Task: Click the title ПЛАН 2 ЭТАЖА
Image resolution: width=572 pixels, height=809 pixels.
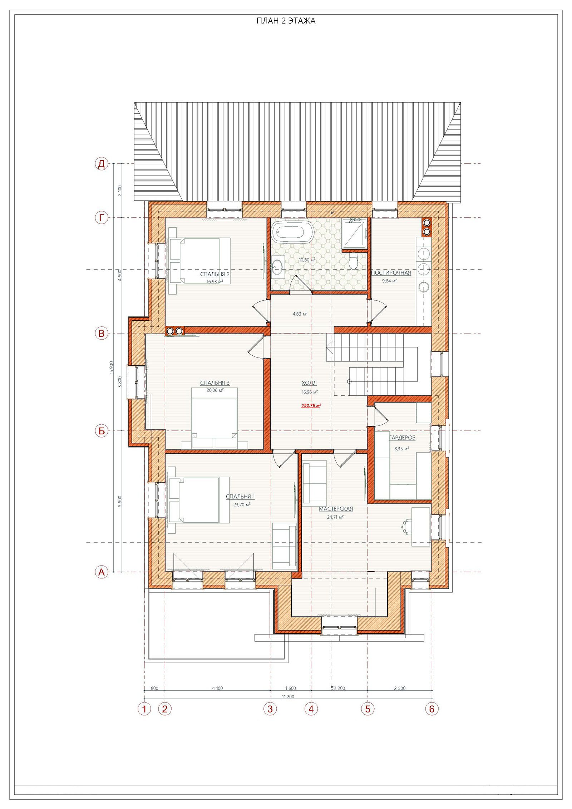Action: [286, 21]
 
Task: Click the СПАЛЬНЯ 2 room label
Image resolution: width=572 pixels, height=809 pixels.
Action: [214, 274]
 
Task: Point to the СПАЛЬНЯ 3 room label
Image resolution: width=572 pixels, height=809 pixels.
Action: [214, 383]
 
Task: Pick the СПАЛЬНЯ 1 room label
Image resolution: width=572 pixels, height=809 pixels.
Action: [240, 497]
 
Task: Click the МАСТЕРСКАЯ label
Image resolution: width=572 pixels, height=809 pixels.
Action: [336, 509]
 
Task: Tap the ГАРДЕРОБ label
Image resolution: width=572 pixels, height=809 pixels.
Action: [402, 438]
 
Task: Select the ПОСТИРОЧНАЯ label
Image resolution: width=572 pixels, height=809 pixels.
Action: [391, 273]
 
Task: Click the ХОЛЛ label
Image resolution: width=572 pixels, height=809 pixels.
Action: [309, 383]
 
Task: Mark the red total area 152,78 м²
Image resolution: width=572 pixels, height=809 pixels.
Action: [311, 405]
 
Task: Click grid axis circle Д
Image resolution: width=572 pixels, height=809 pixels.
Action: [102, 164]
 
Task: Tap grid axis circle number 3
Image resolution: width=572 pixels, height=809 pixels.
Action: [270, 709]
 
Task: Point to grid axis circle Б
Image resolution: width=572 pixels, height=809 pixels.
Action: [102, 431]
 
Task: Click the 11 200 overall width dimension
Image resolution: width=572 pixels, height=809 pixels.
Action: [288, 696]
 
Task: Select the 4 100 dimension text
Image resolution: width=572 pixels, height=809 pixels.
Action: [217, 688]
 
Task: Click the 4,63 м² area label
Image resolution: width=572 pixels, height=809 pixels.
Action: [300, 314]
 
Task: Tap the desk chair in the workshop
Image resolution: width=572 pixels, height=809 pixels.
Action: [405, 524]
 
